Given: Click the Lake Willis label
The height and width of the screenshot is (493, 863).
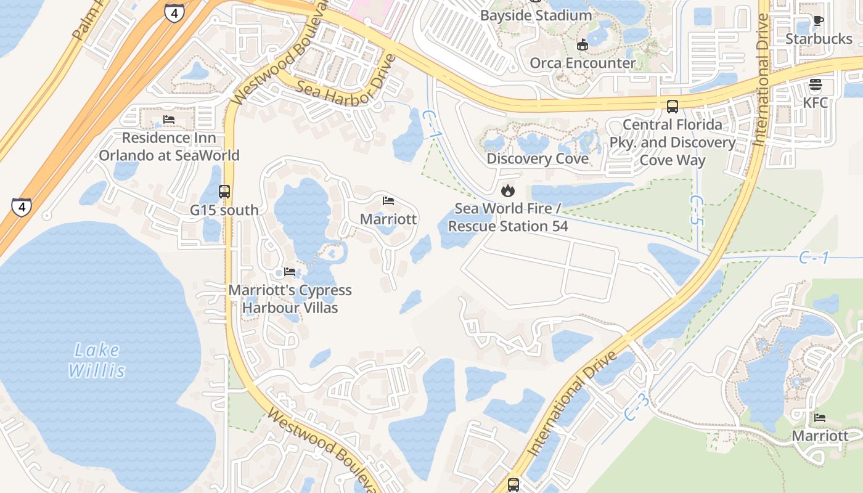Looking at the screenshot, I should (97, 361).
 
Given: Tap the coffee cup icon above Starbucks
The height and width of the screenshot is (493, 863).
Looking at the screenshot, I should (819, 20).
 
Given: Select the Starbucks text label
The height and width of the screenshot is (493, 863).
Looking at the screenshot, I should (819, 39).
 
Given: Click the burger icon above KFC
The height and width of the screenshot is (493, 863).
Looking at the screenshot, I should (816, 84).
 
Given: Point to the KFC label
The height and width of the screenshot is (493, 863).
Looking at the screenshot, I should (816, 102).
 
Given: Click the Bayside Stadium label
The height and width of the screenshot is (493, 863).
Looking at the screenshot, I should (536, 15).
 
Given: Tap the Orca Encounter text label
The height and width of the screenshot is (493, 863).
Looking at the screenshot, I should (583, 63).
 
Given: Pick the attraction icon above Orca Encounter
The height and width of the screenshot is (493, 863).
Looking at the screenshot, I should (583, 44).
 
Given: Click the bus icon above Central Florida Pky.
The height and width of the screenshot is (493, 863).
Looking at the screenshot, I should (673, 106).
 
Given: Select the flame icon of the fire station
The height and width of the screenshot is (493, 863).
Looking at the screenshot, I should (508, 190).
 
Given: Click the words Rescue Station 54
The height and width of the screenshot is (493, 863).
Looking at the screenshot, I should (508, 226).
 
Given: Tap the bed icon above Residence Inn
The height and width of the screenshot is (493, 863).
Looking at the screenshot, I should (169, 119).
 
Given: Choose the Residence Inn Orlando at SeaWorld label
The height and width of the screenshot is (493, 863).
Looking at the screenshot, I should (169, 146).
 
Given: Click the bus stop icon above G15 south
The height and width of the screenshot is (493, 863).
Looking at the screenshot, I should (224, 192).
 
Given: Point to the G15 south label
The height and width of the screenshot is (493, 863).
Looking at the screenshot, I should (224, 210).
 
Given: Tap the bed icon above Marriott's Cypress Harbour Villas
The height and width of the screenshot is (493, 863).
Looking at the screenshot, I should (290, 272).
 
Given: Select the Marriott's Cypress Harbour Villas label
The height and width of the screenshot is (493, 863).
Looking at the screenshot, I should (290, 298).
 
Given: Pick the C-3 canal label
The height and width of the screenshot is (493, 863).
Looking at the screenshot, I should (637, 407).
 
